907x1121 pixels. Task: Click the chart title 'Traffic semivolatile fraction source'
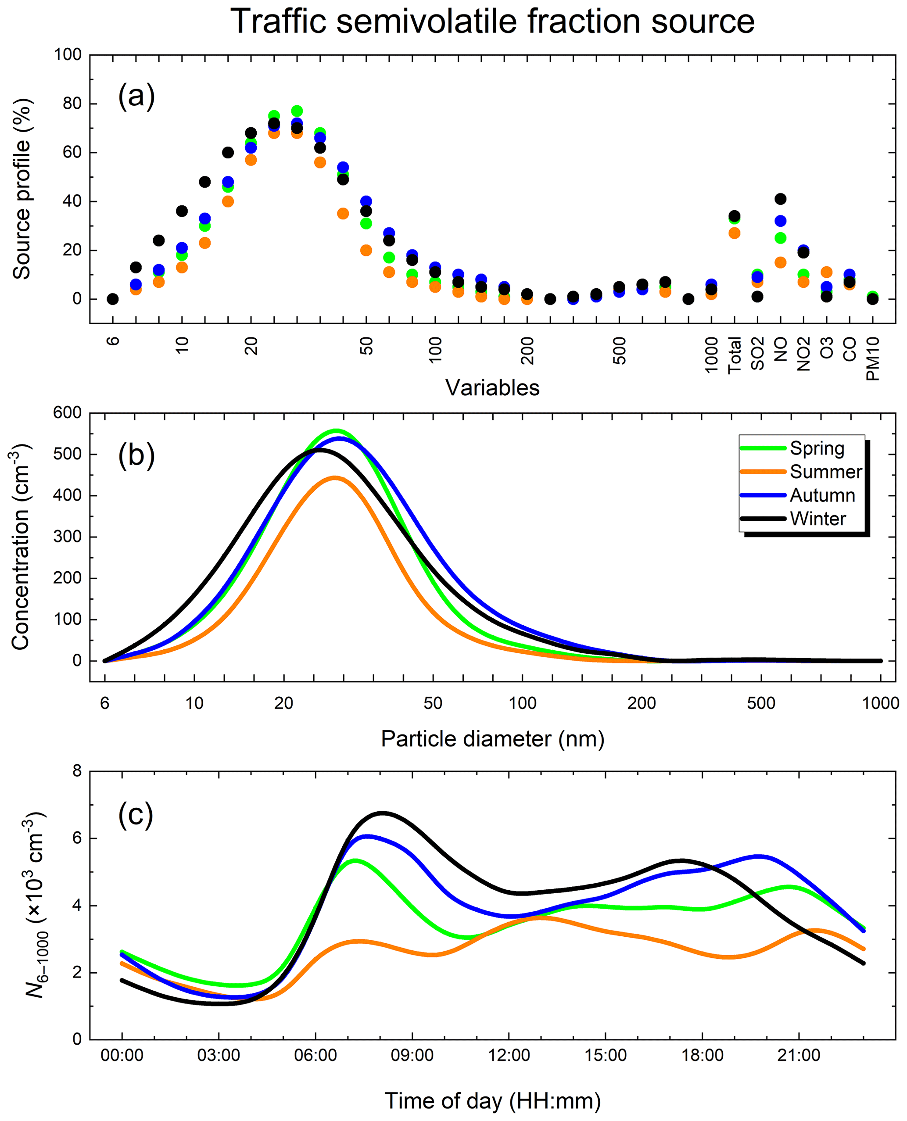492,22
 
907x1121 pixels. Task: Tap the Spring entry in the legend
817,449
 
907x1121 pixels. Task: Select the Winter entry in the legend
817,519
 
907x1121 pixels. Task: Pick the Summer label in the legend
825,472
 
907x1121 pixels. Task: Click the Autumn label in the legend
822,495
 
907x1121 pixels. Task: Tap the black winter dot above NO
781,199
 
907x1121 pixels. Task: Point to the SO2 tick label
757,354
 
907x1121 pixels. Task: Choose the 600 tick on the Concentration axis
68,413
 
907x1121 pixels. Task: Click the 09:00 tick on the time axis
412,1056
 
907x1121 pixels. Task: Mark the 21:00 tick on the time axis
799,1056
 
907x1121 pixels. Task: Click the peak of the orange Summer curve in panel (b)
335,477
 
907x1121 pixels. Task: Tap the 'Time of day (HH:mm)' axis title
492,1101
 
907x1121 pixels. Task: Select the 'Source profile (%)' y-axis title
22,189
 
